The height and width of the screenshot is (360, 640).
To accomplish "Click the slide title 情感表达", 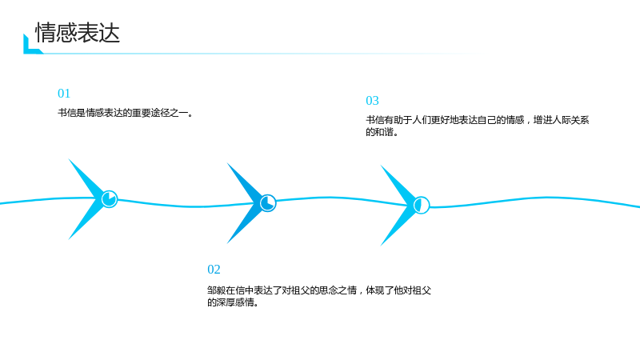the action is [78, 33].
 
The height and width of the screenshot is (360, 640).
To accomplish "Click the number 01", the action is [64, 94].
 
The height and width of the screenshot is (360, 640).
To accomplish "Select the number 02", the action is [214, 270].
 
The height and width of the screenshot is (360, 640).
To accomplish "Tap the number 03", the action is [372, 101].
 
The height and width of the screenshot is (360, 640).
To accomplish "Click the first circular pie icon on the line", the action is [110, 199].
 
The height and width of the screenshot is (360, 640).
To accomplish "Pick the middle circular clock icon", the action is [268, 203].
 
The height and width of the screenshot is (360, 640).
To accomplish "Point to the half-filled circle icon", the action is [422, 205].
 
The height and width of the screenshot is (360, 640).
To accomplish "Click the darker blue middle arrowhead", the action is [245, 203].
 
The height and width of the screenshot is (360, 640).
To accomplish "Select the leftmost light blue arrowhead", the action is [86, 199].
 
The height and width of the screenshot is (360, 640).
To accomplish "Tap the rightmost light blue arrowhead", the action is [398, 206].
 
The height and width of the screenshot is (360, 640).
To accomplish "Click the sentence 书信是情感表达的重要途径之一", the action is [122, 113].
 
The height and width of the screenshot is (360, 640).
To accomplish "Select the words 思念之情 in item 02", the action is [338, 290].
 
